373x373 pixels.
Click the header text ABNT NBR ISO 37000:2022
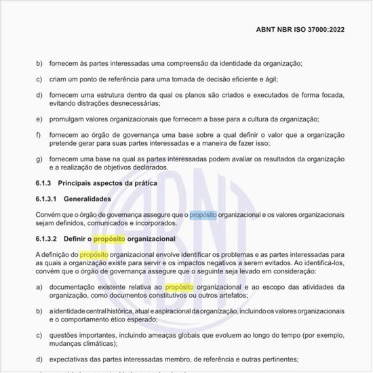[299, 31]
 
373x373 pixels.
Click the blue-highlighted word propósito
[203, 215]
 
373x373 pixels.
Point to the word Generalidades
[87, 199]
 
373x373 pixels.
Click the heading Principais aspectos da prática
[108, 184]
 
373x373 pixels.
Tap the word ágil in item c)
[269, 79]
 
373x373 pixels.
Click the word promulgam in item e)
[68, 119]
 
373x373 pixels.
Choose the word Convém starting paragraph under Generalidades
[49, 215]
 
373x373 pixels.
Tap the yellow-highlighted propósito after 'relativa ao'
[179, 288]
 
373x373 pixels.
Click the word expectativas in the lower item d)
[74, 359]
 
